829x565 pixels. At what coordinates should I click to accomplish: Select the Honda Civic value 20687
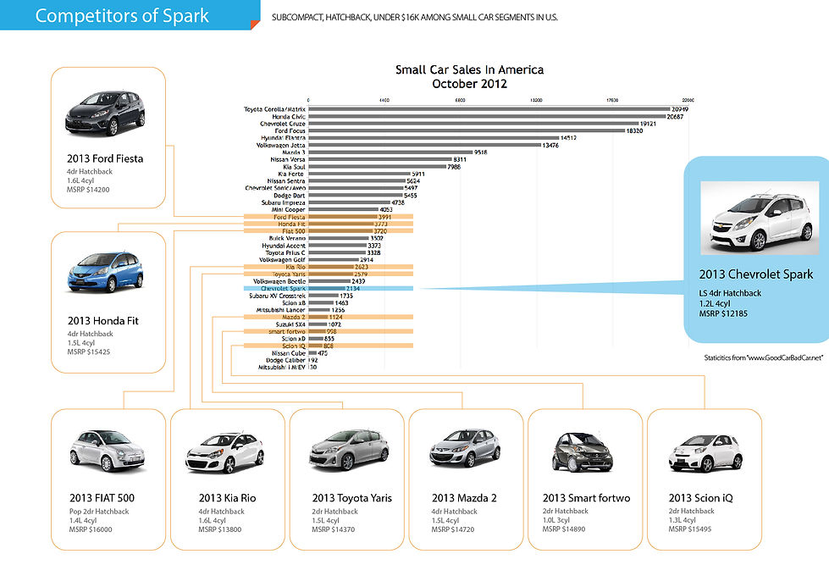click(674, 116)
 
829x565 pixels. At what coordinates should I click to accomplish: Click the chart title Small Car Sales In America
click(469, 69)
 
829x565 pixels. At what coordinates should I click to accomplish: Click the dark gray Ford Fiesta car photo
click(106, 114)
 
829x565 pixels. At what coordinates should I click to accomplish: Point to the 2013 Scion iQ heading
click(700, 497)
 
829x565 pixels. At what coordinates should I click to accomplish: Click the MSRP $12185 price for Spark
click(723, 314)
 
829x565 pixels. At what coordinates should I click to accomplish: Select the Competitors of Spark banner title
click(122, 15)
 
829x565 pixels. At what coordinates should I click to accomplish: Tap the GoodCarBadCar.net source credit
click(762, 358)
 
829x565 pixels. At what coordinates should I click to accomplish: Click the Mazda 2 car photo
click(464, 449)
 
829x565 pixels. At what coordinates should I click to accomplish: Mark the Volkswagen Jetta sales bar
click(424, 145)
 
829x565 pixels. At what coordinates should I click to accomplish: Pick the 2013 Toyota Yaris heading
click(351, 497)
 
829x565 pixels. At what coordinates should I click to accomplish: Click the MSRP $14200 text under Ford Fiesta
click(87, 191)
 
